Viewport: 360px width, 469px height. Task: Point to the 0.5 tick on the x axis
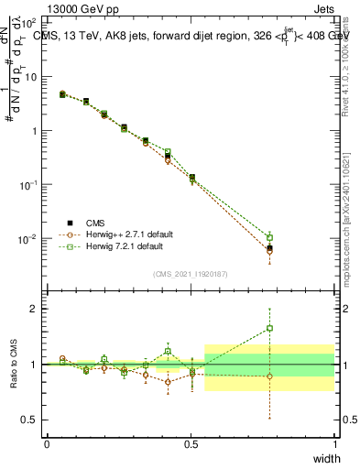[191, 444]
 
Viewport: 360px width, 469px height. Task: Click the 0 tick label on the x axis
[47, 444]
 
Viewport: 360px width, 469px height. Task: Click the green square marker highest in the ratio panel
[269, 328]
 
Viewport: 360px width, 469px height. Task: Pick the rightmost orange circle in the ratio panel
[269, 376]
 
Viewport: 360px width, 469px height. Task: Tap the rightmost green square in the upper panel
[269, 237]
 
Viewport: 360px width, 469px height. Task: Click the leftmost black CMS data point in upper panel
[62, 93]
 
